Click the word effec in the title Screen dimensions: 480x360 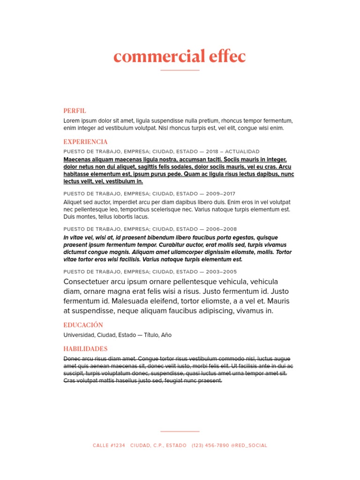click(x=227, y=57)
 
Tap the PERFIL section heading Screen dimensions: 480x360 click(x=75, y=111)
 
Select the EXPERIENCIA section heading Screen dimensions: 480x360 click(x=86, y=142)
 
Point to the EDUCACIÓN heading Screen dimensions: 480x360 click(x=83, y=325)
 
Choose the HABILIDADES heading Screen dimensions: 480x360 click(x=86, y=349)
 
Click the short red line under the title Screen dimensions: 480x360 click(x=180, y=70)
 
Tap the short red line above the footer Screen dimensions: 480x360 click(x=180, y=431)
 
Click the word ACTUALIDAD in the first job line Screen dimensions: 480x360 click(x=242, y=152)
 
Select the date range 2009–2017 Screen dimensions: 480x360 click(x=221, y=194)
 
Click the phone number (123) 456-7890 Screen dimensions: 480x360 click(x=210, y=445)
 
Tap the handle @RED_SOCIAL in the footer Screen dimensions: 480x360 click(x=249, y=445)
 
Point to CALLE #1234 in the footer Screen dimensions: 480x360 click(x=109, y=445)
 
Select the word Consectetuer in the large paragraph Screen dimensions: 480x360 click(x=88, y=282)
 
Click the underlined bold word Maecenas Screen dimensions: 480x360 click(x=78, y=159)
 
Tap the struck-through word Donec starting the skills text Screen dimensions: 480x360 click(x=71, y=359)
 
